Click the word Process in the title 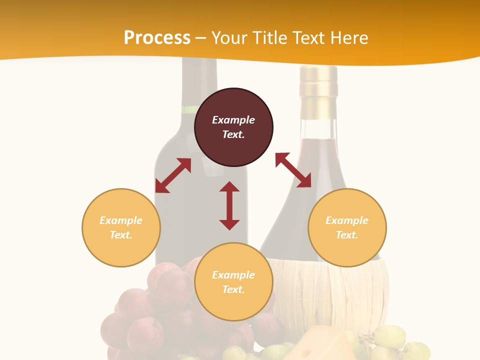[157, 38]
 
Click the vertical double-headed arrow [229, 205]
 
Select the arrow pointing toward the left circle [173, 175]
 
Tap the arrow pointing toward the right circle [293, 170]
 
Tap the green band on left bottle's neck [189, 109]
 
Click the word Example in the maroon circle [233, 120]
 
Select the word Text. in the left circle [121, 235]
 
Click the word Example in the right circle [347, 220]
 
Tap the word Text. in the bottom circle [233, 289]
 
